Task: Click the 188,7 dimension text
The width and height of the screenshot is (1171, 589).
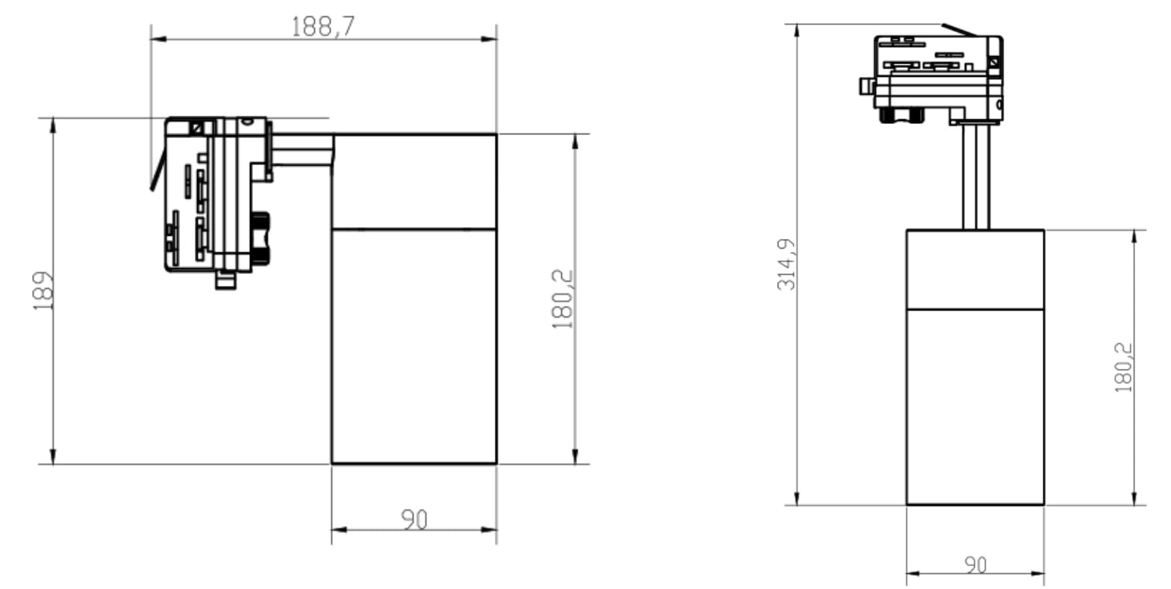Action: tap(322, 27)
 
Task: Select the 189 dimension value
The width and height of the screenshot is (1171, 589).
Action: tap(43, 291)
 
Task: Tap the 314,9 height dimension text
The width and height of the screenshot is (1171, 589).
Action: tap(786, 264)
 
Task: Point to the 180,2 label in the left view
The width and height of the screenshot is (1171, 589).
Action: tap(563, 299)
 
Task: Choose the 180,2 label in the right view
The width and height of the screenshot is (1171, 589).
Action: tap(1123, 367)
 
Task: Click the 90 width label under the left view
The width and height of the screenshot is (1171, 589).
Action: tap(414, 520)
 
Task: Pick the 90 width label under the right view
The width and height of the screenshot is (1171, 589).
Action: tap(975, 565)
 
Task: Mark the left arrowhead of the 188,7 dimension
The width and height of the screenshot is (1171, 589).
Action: tap(159, 39)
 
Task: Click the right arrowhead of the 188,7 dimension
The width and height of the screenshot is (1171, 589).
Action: tap(489, 39)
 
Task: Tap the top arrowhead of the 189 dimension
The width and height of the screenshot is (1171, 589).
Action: tap(53, 126)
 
